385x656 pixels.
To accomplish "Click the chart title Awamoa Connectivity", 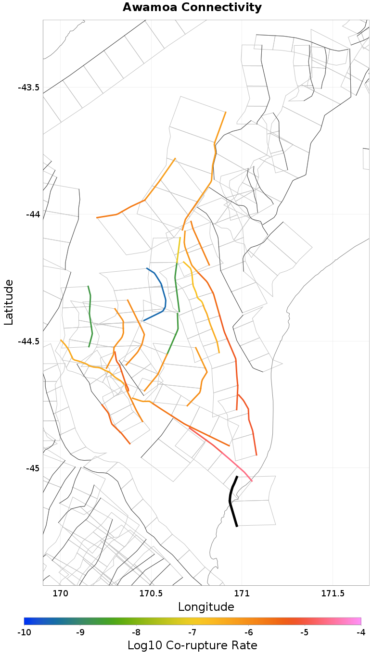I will coord(192,8).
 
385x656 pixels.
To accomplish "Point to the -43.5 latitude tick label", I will coord(28,88).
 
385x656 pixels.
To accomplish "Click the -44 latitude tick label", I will coord(32,214).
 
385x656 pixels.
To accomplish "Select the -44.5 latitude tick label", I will coord(28,341).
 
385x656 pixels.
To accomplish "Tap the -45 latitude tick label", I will coord(32,468).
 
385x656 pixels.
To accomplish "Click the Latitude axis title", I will coord(9,303).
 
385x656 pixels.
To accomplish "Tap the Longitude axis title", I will coord(206,607).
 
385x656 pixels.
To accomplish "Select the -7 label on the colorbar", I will coord(192,631).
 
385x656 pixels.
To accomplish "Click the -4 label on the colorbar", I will coord(360,631).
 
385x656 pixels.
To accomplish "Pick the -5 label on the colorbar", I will coord(305,631).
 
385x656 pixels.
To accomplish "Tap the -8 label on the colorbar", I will coord(136,631).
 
